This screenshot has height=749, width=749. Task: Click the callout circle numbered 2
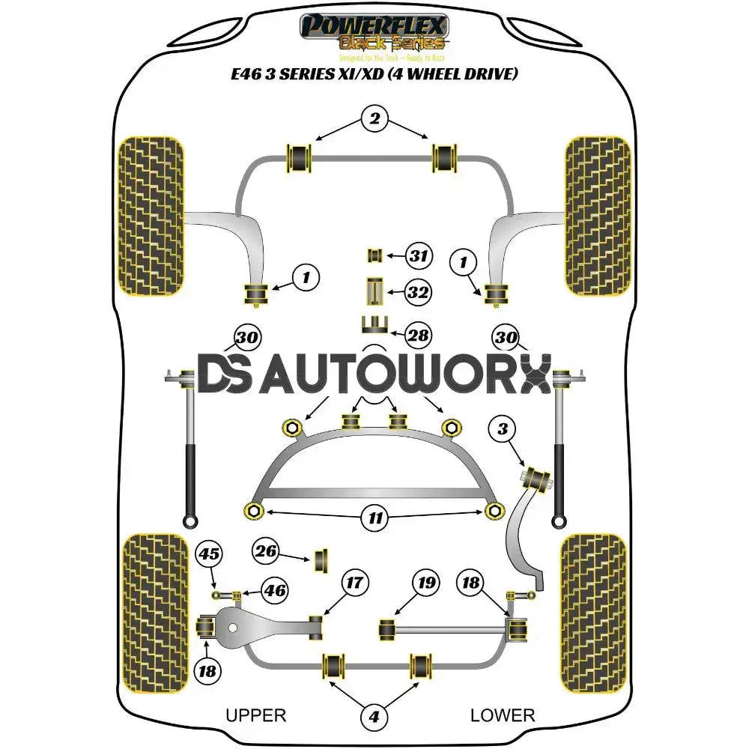tap(374, 118)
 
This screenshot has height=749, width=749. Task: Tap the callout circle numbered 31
tap(419, 256)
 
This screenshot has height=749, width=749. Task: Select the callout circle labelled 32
tap(419, 293)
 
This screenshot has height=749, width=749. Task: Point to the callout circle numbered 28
tap(418, 335)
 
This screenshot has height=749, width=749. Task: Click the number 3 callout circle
tap(503, 429)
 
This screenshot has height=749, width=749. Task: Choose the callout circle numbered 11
tap(374, 516)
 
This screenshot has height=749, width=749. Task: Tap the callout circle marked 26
tap(265, 553)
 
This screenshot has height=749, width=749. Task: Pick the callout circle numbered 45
tap(209, 554)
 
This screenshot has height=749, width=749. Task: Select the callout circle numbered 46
tap(274, 591)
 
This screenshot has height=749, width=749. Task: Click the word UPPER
tap(255, 715)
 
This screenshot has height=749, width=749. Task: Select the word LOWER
tap(503, 715)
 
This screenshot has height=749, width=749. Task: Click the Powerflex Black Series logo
tap(374, 34)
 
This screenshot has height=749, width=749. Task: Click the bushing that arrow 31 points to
tap(374, 256)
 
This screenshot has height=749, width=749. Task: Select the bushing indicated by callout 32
tap(374, 291)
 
